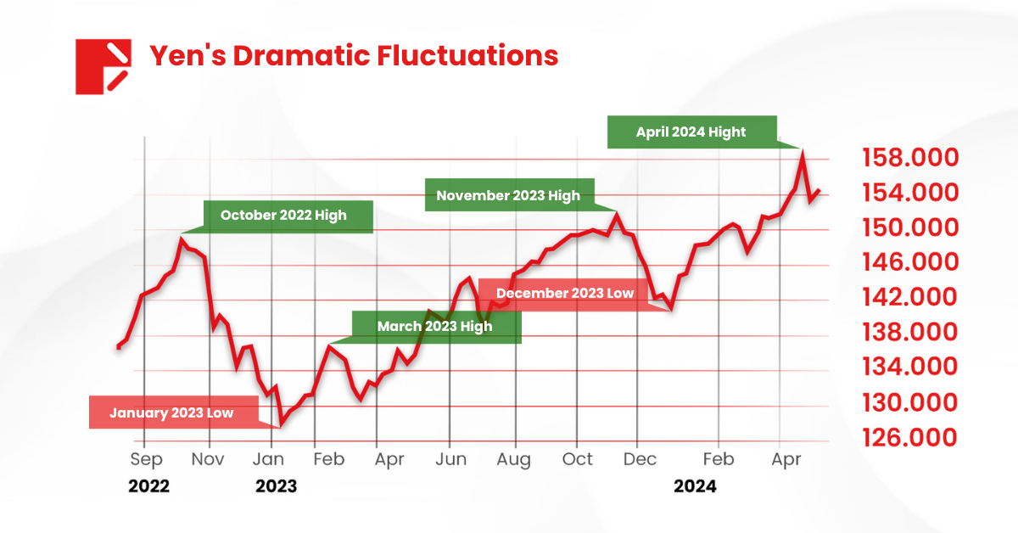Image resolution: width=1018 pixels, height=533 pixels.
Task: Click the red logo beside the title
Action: [x=102, y=66]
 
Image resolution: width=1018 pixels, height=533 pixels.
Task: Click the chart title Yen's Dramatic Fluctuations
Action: [x=354, y=56]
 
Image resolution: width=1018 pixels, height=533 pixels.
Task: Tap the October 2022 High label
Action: [x=283, y=216]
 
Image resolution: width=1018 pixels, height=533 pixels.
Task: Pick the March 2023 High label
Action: [x=434, y=327]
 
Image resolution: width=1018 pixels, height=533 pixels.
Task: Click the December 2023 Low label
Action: [x=565, y=294]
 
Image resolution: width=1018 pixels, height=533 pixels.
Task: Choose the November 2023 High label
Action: [x=508, y=195]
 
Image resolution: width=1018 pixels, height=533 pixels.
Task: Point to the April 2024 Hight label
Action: [x=691, y=132]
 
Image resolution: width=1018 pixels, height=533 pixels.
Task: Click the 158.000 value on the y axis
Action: [x=911, y=158]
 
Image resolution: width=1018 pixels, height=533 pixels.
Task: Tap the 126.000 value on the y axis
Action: [x=911, y=437]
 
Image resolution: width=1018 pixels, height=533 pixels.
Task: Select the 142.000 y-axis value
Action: [x=911, y=297]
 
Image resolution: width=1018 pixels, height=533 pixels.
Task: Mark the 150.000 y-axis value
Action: [x=911, y=227]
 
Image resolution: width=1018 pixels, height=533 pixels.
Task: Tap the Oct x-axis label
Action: [x=578, y=459]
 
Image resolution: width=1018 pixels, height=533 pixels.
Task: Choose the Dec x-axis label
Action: [x=640, y=459]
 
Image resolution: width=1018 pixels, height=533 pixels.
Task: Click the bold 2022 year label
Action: [x=148, y=486]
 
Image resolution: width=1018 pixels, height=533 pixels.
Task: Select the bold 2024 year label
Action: [x=695, y=486]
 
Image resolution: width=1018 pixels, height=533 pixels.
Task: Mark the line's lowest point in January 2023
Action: [x=281, y=424]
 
